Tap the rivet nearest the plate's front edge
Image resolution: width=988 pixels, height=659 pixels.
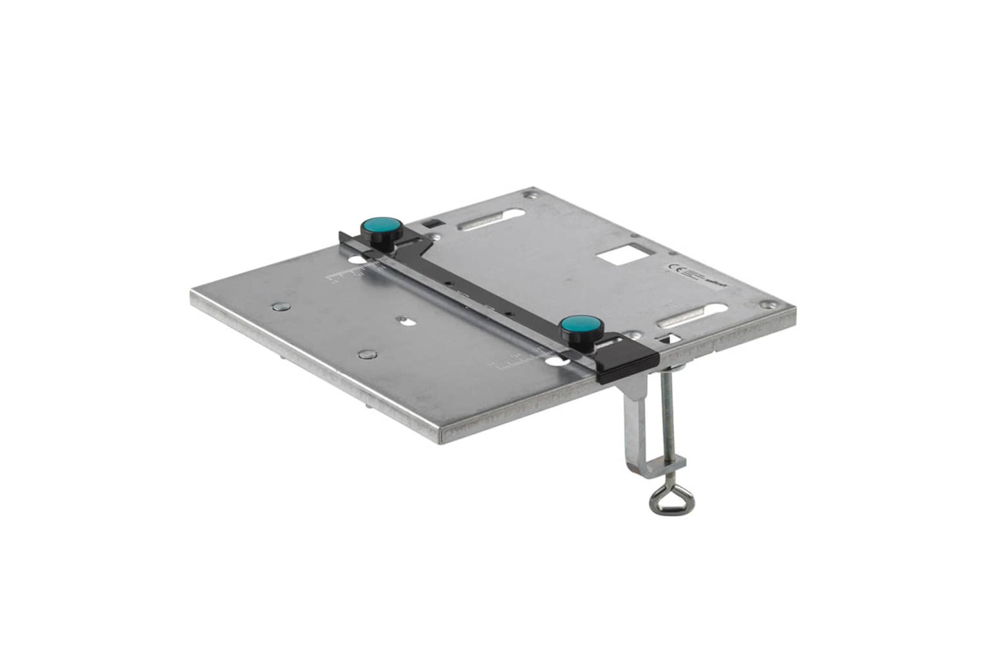364,355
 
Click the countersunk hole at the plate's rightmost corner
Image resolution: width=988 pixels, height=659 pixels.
768,304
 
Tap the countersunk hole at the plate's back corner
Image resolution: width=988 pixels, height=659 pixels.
529,195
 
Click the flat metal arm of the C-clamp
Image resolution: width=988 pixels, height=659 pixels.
636,422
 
